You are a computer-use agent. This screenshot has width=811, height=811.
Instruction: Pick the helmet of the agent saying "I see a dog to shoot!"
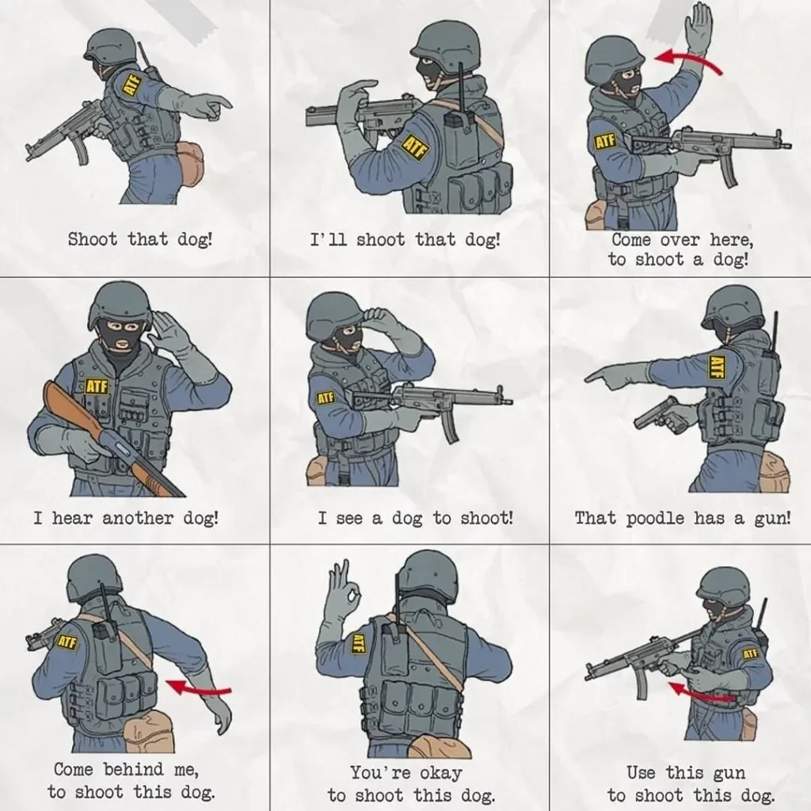point(333,314)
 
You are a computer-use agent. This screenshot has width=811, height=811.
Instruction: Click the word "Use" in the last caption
point(641,772)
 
